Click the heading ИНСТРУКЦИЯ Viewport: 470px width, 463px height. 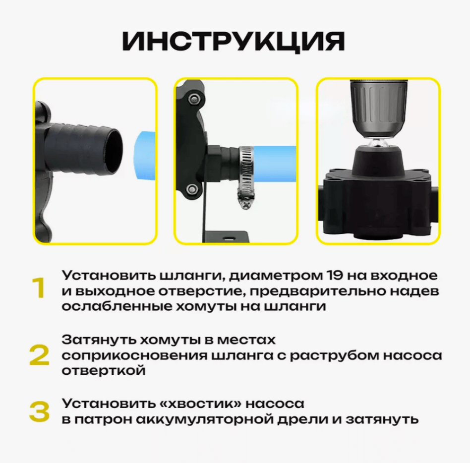pos(234,42)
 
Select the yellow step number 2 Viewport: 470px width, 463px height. pos(39,355)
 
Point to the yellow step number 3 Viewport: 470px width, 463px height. pos(39,412)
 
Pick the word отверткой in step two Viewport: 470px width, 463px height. pos(104,370)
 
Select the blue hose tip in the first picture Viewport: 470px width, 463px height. pos(145,155)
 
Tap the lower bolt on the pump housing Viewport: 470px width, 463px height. pos(192,189)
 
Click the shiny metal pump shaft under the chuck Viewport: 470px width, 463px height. pos(379,143)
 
